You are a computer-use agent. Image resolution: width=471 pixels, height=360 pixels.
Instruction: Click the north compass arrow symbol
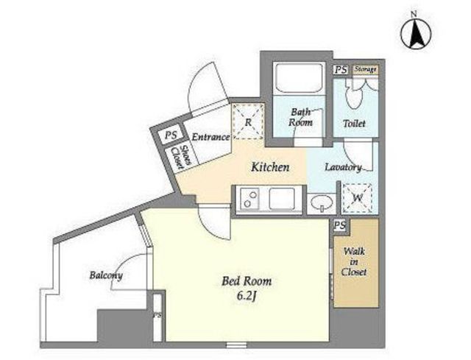(416, 33)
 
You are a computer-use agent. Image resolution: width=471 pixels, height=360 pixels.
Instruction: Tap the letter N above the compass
(414, 13)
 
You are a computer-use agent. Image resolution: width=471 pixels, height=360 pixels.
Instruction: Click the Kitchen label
(270, 167)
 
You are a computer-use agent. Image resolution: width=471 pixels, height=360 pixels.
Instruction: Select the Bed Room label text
(247, 281)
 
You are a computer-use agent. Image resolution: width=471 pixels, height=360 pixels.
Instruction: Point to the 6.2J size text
(247, 296)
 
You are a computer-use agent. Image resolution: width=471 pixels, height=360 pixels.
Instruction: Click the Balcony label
(106, 275)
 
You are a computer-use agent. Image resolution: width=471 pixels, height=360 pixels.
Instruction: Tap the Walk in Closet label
(354, 261)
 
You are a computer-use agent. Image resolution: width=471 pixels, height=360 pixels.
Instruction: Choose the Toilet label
(354, 123)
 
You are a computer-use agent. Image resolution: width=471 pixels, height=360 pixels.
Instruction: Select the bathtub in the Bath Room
(300, 77)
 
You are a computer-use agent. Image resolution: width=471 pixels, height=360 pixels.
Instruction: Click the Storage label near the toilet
(365, 69)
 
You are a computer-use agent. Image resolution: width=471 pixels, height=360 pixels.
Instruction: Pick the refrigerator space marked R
(248, 121)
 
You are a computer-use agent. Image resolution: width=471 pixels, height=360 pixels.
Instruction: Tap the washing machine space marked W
(358, 198)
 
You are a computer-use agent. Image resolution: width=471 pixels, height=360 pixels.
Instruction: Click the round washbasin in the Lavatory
(322, 202)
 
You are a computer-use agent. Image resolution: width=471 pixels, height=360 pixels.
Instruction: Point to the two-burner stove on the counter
(249, 199)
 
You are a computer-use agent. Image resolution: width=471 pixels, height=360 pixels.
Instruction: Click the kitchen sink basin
(281, 199)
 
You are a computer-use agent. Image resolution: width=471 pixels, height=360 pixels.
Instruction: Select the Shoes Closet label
(182, 157)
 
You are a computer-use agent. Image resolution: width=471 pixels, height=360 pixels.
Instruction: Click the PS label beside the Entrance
(171, 135)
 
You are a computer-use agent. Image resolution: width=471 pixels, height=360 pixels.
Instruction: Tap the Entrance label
(210, 137)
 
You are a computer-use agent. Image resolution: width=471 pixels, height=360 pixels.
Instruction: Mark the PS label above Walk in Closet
(340, 225)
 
